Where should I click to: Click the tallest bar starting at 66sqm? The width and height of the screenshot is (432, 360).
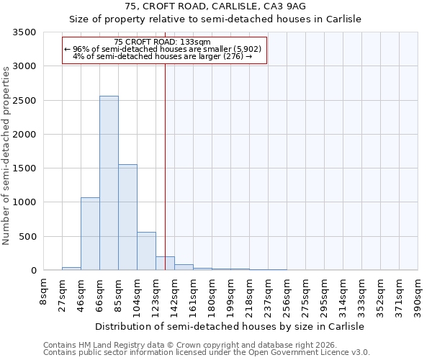coord(109,183)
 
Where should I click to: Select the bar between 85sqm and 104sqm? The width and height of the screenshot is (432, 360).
coord(127,217)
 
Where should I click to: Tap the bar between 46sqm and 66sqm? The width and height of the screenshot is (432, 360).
coord(90,233)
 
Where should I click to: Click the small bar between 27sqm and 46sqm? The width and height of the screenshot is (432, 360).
coord(71,268)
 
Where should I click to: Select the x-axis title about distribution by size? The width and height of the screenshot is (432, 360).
coord(230,326)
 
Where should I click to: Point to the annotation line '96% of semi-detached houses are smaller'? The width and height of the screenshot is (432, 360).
coord(165,49)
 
